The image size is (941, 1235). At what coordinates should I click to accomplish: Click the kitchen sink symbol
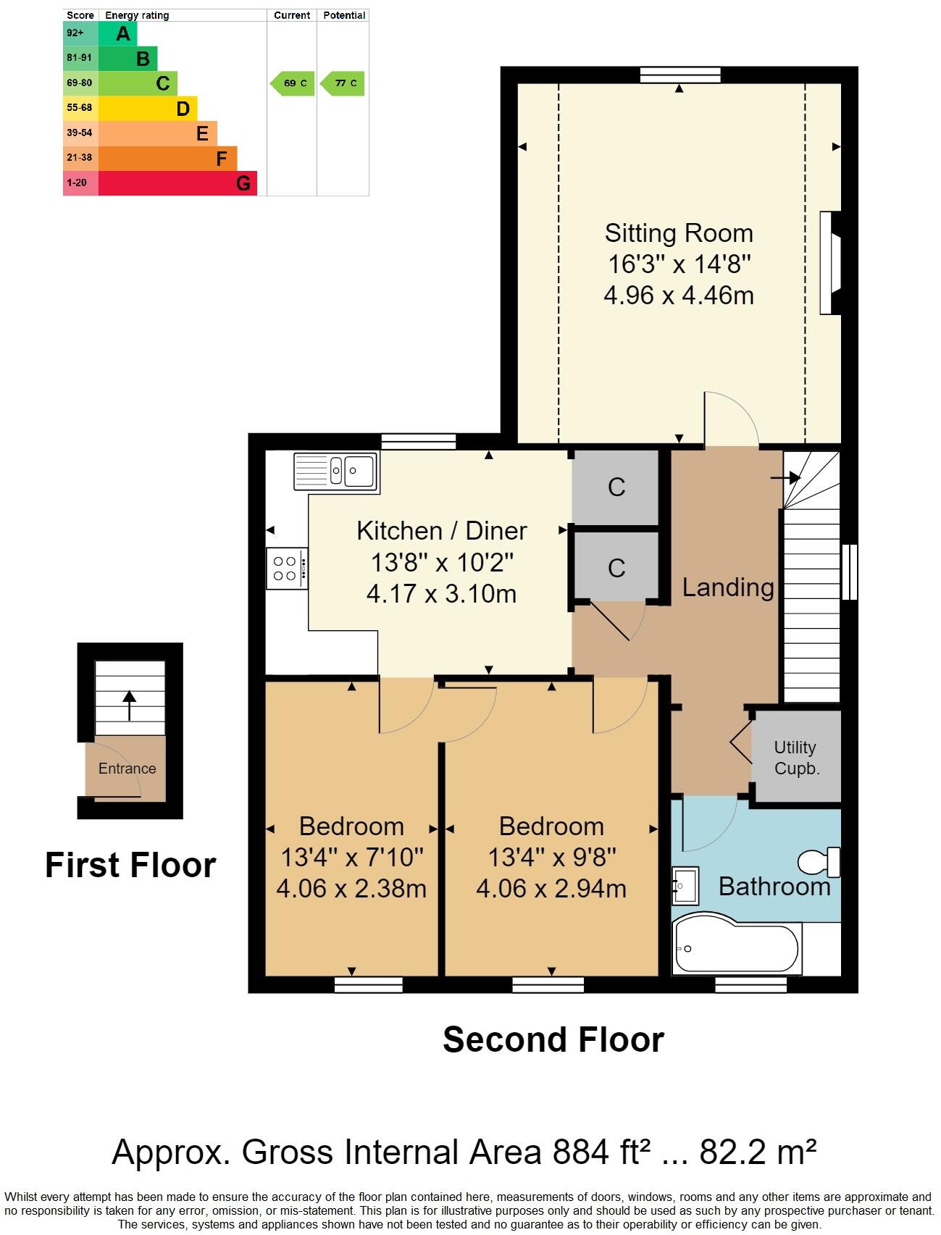[335, 471]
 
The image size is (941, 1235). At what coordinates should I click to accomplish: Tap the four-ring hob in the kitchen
[285, 569]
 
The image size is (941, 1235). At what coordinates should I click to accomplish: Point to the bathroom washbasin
[685, 885]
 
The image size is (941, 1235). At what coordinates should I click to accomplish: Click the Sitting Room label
[679, 233]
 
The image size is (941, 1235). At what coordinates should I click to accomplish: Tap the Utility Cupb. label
[796, 758]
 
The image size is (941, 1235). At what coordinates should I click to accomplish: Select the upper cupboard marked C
[616, 487]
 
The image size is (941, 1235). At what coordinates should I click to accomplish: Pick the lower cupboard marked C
[616, 567]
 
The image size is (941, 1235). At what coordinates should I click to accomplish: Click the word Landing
[728, 587]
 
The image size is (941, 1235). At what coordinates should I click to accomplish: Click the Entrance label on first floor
[127, 769]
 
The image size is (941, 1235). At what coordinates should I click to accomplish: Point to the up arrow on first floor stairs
[129, 705]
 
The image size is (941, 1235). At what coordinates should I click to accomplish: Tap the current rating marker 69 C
[293, 83]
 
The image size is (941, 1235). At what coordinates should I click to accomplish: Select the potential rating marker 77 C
[343, 83]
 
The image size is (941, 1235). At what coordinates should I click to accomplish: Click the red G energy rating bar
[177, 183]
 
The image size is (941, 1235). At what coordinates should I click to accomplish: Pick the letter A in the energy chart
[123, 33]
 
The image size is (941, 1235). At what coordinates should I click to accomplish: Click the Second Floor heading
[553, 1040]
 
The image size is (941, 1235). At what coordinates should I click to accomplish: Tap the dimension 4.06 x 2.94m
[551, 889]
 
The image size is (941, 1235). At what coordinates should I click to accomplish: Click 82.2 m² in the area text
[758, 1152]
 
